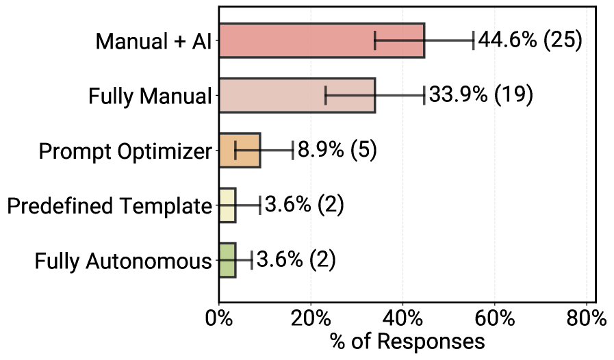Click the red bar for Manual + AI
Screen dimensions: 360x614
coord(321,40)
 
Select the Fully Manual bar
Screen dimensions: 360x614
coord(296,95)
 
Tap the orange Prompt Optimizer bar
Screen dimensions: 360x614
coord(239,150)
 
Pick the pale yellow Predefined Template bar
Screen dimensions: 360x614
coord(227,205)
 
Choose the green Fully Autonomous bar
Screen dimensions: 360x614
coord(227,259)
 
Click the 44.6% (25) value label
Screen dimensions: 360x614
coord(530,40)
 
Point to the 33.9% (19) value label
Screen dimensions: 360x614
coord(481,95)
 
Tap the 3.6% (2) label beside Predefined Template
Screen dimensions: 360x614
coord(304,205)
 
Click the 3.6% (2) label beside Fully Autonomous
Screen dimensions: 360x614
coord(296,259)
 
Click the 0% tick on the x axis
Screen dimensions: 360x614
coord(219,319)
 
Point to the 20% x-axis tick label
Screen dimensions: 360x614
coord(311,319)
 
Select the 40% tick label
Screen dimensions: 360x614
coord(402,319)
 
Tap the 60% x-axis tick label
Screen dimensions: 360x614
coord(495,319)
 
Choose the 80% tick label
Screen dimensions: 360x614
coord(587,319)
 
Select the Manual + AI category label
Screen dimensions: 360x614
coord(153,41)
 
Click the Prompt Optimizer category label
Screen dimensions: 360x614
coord(125,151)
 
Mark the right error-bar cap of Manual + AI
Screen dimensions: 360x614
coord(473,40)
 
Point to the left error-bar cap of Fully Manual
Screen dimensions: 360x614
coord(325,95)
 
